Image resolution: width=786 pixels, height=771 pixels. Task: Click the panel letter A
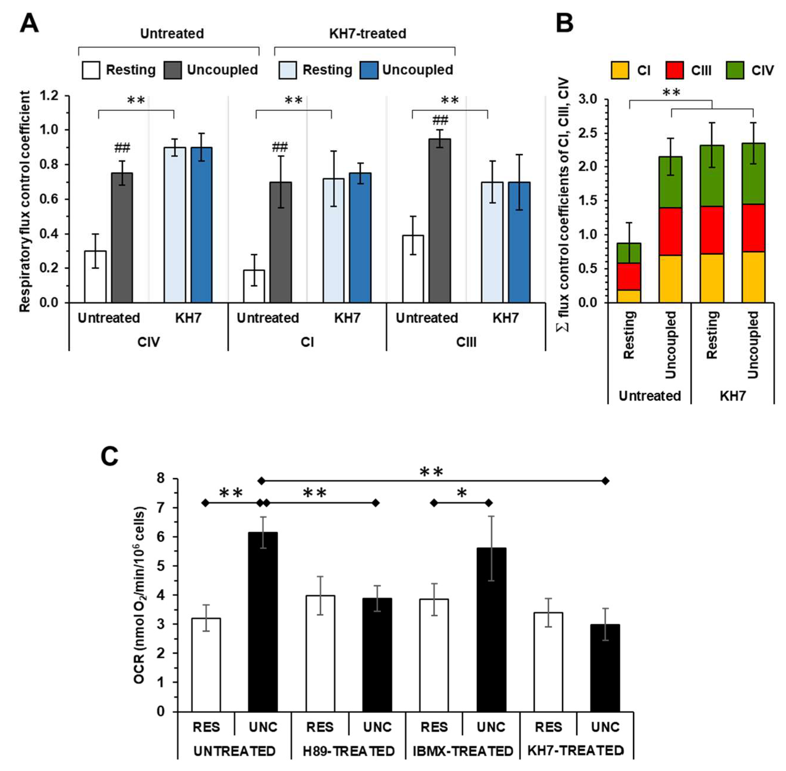click(x=29, y=23)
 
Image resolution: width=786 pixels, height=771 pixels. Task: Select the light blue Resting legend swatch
click(x=288, y=70)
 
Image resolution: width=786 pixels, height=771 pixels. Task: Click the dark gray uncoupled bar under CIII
click(x=440, y=221)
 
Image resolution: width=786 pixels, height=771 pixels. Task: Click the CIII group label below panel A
click(x=466, y=342)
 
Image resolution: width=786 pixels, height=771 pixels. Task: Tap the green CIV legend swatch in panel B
click(x=735, y=70)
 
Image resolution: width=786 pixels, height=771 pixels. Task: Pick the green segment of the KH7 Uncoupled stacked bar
click(x=753, y=174)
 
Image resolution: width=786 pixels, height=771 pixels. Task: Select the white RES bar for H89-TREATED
click(x=320, y=654)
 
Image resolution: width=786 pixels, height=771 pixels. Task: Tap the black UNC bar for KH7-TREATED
click(x=605, y=668)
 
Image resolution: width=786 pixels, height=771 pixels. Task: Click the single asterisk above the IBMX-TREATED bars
click(x=461, y=493)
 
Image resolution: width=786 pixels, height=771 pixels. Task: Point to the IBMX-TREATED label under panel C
click(x=463, y=751)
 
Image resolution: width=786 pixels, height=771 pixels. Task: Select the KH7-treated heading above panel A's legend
click(x=367, y=34)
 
